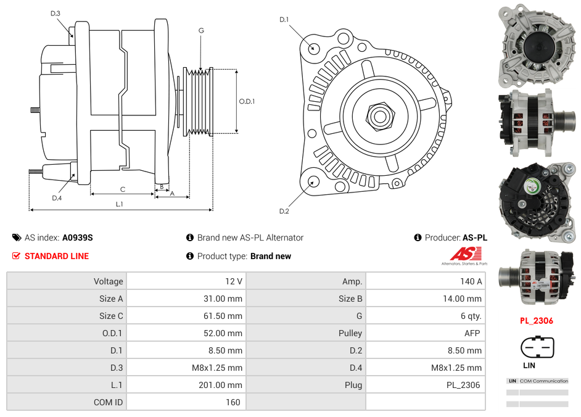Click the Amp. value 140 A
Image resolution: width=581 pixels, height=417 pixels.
click(x=471, y=281)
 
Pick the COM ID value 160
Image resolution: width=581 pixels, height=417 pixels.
click(x=233, y=402)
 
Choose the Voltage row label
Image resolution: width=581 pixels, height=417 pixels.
click(x=108, y=281)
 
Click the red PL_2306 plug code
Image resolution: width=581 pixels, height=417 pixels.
click(x=536, y=321)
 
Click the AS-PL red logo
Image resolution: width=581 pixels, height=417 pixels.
click(x=465, y=254)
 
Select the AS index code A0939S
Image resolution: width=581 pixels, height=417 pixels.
click(x=78, y=237)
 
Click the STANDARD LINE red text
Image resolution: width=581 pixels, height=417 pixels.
click(x=57, y=256)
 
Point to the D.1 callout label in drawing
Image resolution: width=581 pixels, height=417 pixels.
click(x=284, y=20)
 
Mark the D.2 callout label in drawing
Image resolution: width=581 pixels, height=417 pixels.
click(x=284, y=212)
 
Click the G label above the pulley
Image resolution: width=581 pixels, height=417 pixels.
click(x=201, y=30)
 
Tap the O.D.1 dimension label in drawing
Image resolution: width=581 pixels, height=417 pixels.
click(x=247, y=102)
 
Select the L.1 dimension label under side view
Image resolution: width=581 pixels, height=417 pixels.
click(x=119, y=204)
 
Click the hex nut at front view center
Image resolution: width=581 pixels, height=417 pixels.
click(x=379, y=115)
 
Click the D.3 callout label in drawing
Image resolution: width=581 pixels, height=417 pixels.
click(x=56, y=13)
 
